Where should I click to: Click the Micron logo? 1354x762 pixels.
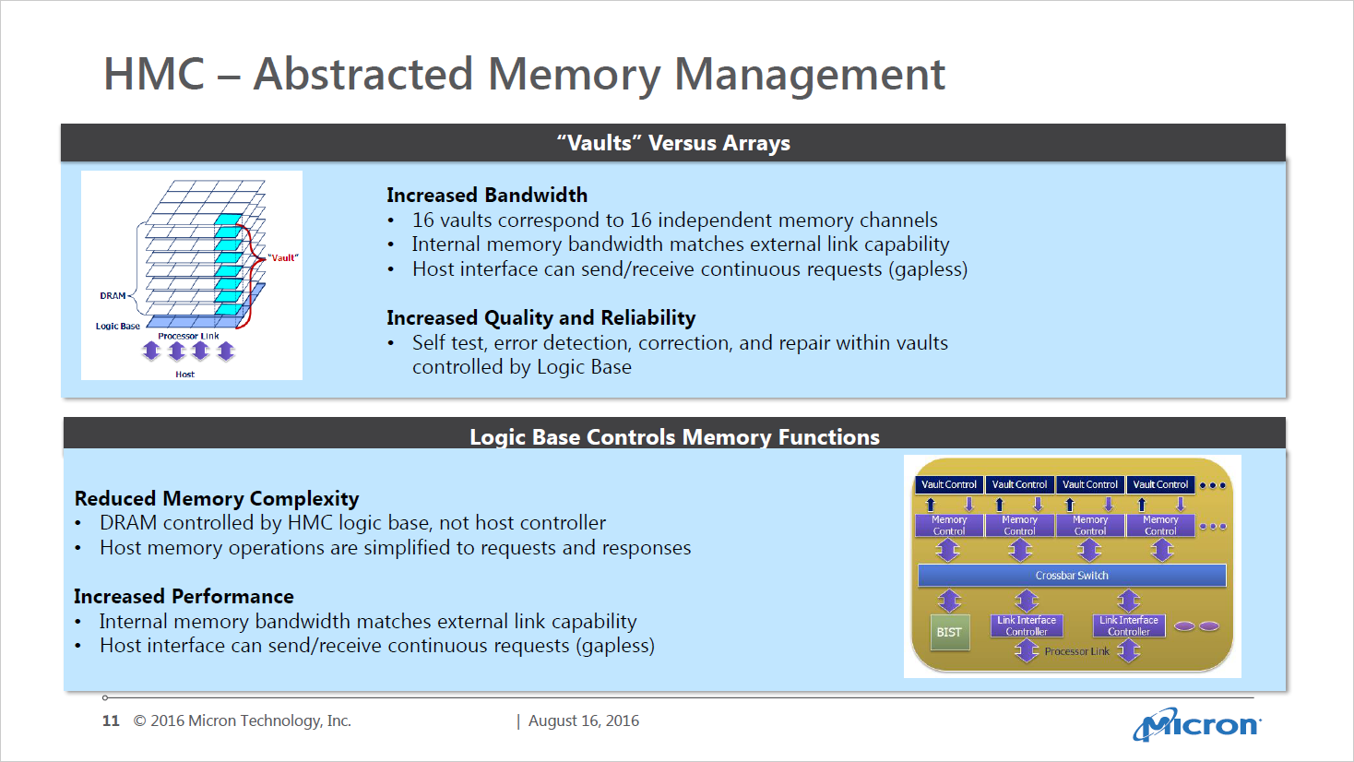coord(1197,725)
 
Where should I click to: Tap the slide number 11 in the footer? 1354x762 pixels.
coord(111,721)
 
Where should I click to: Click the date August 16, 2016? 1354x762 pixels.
coord(583,721)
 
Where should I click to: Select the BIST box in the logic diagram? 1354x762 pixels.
coord(949,633)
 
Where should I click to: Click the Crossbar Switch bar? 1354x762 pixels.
coord(1072,576)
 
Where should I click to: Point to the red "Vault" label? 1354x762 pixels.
coord(283,258)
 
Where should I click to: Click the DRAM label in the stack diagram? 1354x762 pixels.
coord(113,296)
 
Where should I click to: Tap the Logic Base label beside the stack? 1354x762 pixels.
coord(118,327)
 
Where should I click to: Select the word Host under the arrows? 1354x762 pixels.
coord(185,375)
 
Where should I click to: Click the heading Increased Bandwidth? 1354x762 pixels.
coord(487,196)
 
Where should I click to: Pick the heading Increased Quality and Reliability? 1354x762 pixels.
coord(540,318)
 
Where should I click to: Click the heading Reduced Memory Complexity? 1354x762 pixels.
coord(217,499)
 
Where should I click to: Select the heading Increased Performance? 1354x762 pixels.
coord(184,597)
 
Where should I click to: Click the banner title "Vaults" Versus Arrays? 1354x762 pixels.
coord(673,144)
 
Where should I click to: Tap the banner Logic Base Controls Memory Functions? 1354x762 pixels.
coord(674,437)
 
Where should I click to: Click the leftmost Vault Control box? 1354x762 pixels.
coord(949,485)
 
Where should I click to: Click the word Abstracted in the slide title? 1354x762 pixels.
coord(363,74)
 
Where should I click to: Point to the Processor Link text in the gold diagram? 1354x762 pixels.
coord(1076,652)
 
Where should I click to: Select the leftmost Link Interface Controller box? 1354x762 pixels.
coord(1027,626)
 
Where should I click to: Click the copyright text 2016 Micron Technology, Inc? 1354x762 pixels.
coord(242,721)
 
